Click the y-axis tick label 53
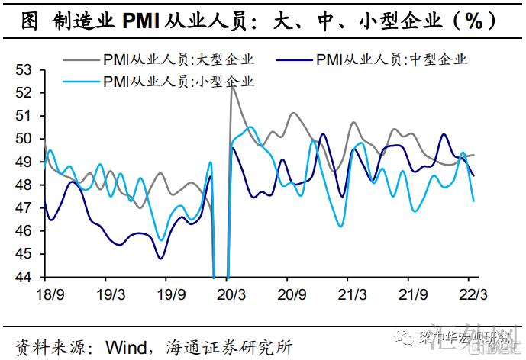point(27,70)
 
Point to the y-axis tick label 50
point(27,139)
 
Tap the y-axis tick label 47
point(27,208)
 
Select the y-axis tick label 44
point(27,277)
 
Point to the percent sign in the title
point(473,21)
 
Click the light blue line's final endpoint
point(474,201)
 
